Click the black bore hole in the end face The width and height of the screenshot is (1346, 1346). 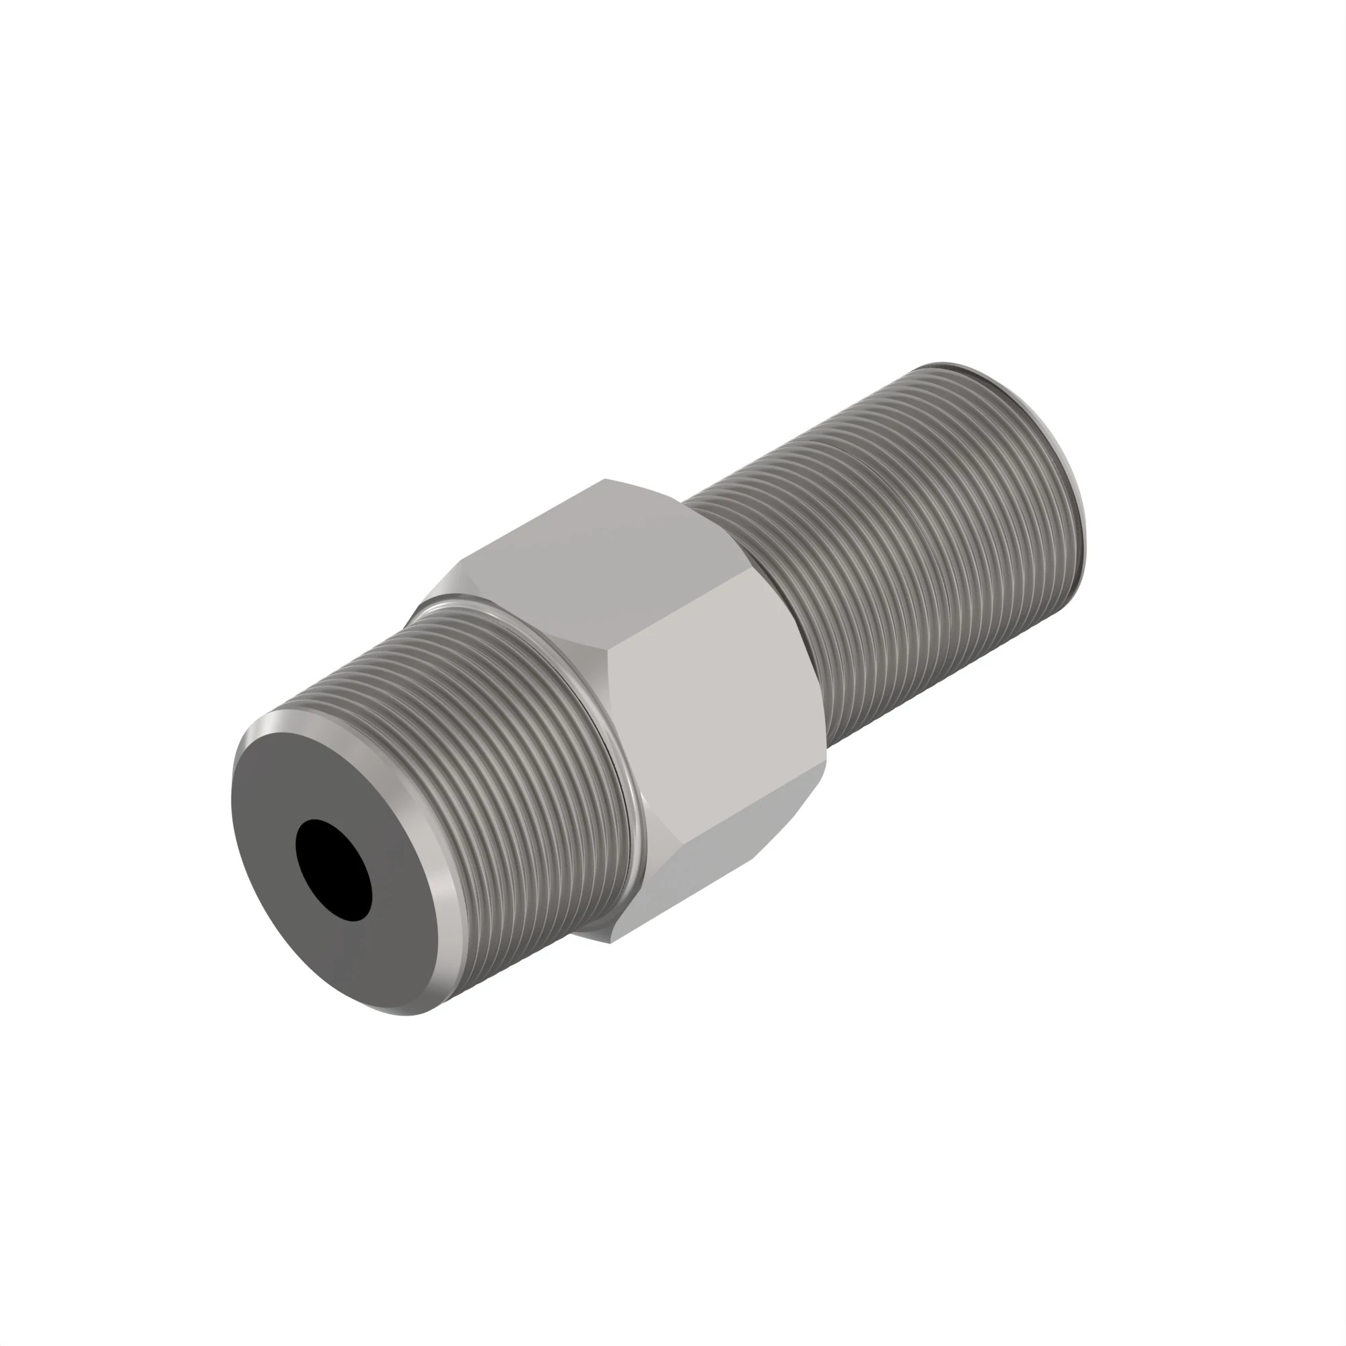[x=334, y=870]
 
